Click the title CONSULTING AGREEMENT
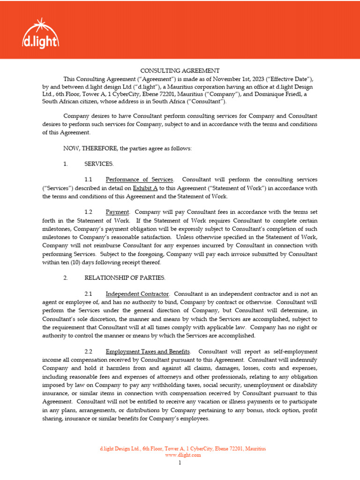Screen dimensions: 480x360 click(x=180, y=70)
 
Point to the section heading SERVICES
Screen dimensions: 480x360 click(x=99, y=164)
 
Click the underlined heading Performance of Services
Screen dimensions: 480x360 click(x=139, y=180)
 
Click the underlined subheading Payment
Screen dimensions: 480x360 click(x=117, y=212)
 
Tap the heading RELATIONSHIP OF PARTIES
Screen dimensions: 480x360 click(x=125, y=278)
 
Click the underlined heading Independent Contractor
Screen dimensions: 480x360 click(x=137, y=294)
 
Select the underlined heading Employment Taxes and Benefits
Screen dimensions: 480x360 click(x=148, y=351)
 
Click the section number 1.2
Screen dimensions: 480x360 click(x=89, y=212)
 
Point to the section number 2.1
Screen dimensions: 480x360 click(x=89, y=294)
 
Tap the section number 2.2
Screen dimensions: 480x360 click(x=89, y=351)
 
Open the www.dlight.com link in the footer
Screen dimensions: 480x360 click(x=183, y=455)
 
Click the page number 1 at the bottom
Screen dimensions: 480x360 click(x=180, y=463)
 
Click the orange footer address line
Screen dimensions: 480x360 click(x=183, y=449)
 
